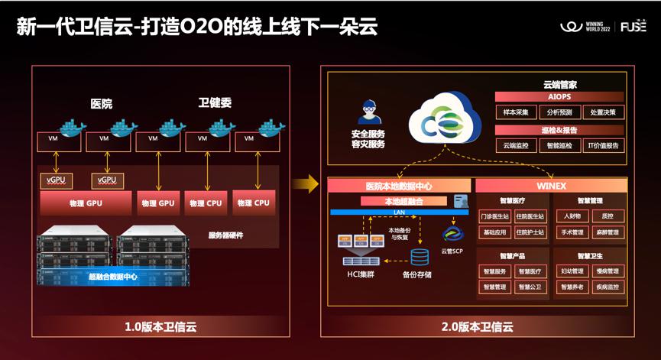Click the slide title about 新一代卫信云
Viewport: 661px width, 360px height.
(196, 28)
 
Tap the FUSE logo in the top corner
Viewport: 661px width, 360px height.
(633, 28)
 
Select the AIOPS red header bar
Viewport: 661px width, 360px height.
(559, 97)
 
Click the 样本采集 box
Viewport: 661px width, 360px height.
(516, 112)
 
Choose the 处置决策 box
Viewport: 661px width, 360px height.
(603, 112)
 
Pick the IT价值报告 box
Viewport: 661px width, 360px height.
(603, 145)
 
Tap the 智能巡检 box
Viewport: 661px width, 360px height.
(559, 145)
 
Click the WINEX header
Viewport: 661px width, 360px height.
(551, 186)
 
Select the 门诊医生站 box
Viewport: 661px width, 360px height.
(494, 216)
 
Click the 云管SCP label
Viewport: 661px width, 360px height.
(452, 251)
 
